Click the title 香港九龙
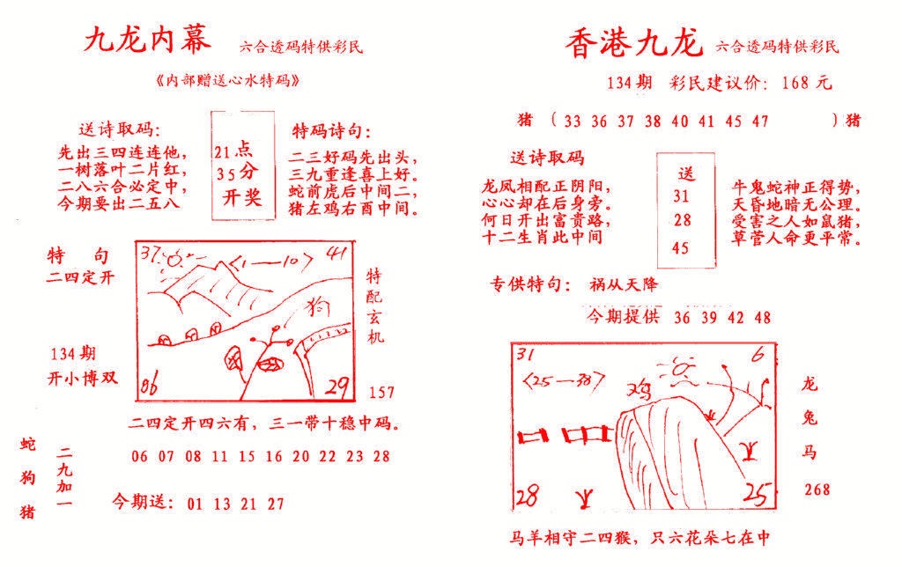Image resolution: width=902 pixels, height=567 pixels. [x=633, y=42]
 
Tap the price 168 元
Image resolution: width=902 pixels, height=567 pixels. [x=807, y=84]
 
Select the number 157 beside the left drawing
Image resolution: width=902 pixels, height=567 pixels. [x=382, y=392]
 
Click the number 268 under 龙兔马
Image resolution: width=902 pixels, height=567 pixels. [x=816, y=489]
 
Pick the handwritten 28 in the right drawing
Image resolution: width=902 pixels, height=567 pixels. [x=528, y=495]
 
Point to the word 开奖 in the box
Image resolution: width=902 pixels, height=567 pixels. [x=238, y=196]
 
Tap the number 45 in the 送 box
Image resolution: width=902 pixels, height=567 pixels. [x=680, y=248]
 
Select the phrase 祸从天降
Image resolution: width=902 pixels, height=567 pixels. [x=625, y=284]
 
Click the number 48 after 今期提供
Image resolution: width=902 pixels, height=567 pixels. [x=762, y=318]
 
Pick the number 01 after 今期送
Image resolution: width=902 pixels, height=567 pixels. [x=196, y=504]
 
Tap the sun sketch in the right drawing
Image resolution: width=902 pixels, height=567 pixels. [x=682, y=371]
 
